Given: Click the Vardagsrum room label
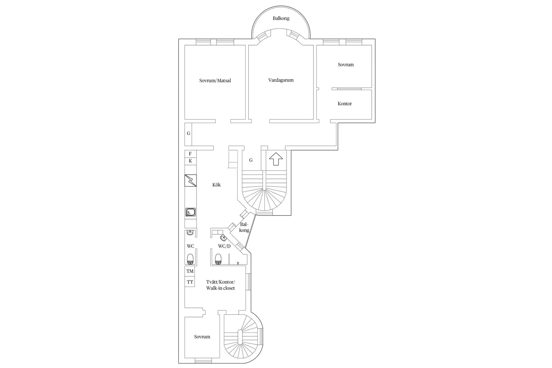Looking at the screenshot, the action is click(x=281, y=80).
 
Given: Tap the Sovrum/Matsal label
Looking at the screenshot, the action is click(x=215, y=81).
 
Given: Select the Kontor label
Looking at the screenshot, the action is click(x=345, y=104).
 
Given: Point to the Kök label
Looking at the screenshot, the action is click(x=216, y=185).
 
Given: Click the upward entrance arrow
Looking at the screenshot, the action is click(x=276, y=159).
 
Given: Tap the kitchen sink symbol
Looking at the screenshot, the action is click(x=190, y=212).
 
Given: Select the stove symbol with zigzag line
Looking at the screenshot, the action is click(x=190, y=180).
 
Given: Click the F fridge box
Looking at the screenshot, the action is click(x=190, y=154).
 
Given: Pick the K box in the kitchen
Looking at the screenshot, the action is click(x=190, y=161).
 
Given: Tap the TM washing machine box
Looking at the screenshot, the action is click(x=190, y=271).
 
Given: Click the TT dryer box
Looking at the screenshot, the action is click(x=190, y=282).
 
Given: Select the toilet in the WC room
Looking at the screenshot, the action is click(x=190, y=259).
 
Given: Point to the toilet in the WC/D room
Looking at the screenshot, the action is click(x=218, y=259).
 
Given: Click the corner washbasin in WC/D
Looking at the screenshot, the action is click(x=223, y=238).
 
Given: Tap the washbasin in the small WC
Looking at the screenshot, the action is click(x=190, y=233).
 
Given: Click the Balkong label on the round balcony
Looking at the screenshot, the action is click(x=281, y=18).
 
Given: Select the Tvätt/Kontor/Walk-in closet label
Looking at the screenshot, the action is click(x=220, y=285).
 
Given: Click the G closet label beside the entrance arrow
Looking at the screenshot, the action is click(x=251, y=160).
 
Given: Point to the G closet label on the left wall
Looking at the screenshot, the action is click(x=189, y=133).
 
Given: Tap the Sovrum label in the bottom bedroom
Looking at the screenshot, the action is click(x=202, y=337).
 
